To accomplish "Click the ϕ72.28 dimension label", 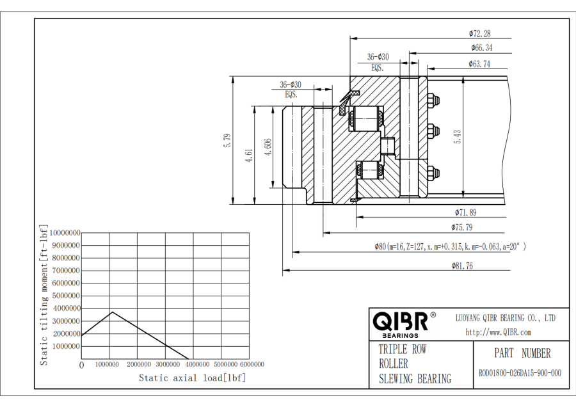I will pyautogui.click(x=479, y=33).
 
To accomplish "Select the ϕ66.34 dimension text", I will pyautogui.click(x=481, y=47).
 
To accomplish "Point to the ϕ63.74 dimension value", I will pyautogui.click(x=479, y=63).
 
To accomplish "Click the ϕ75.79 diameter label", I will pyautogui.click(x=462, y=227).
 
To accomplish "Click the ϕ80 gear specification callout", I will pyautogui.click(x=449, y=246).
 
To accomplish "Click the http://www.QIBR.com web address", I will pyautogui.click(x=498, y=332).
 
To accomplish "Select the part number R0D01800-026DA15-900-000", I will pyautogui.click(x=520, y=373).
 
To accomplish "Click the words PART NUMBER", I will pyautogui.click(x=522, y=353).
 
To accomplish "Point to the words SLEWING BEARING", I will pyautogui.click(x=415, y=379).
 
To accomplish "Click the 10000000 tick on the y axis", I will pyautogui.click(x=65, y=232).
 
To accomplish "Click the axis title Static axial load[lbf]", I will pyautogui.click(x=192, y=378).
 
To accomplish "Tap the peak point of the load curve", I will pyautogui.click(x=112, y=312).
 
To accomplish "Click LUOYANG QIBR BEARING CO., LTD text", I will pyautogui.click(x=505, y=317).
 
